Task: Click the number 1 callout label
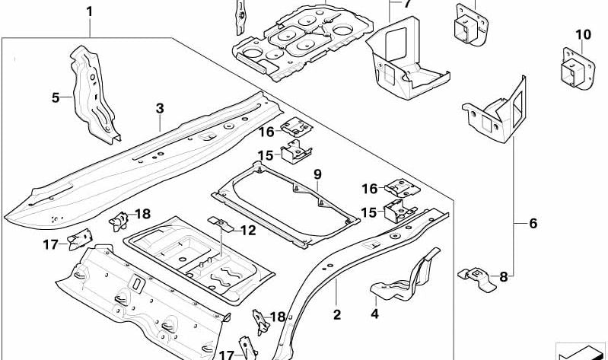[x=90, y=11]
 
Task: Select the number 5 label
[x=56, y=97]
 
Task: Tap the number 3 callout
[x=160, y=109]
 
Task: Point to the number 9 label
[x=318, y=174]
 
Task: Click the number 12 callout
[x=248, y=231]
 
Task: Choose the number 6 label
[x=533, y=223]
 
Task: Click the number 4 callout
[x=374, y=313]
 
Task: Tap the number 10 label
[x=583, y=34]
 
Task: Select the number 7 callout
[x=407, y=5]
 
